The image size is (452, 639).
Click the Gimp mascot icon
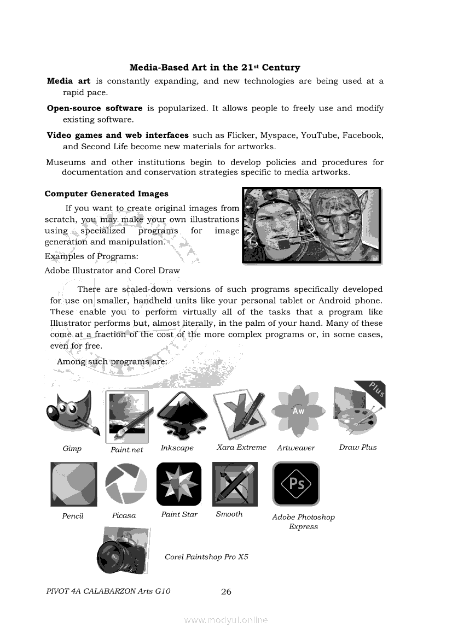coord(73,415)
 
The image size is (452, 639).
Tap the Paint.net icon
coord(127,416)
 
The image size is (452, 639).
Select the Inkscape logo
coord(182,415)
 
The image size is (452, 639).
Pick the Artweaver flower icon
coord(298,411)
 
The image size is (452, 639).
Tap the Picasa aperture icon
coord(126,484)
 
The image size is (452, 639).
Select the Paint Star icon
coord(178,484)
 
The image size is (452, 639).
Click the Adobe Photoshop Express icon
coord(296,484)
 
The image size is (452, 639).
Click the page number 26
coord(226,591)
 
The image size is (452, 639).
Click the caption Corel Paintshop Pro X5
coord(206,557)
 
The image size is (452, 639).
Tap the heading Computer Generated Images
coord(107,194)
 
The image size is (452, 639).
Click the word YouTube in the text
coord(319,135)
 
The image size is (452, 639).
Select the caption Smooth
coord(229,514)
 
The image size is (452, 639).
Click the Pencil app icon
coord(74,484)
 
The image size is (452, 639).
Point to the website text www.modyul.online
coord(226,620)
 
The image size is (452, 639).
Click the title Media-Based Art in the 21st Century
coord(215,68)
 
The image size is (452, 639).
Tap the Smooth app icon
coord(235,484)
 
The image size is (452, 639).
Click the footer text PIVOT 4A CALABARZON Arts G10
coord(108,591)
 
